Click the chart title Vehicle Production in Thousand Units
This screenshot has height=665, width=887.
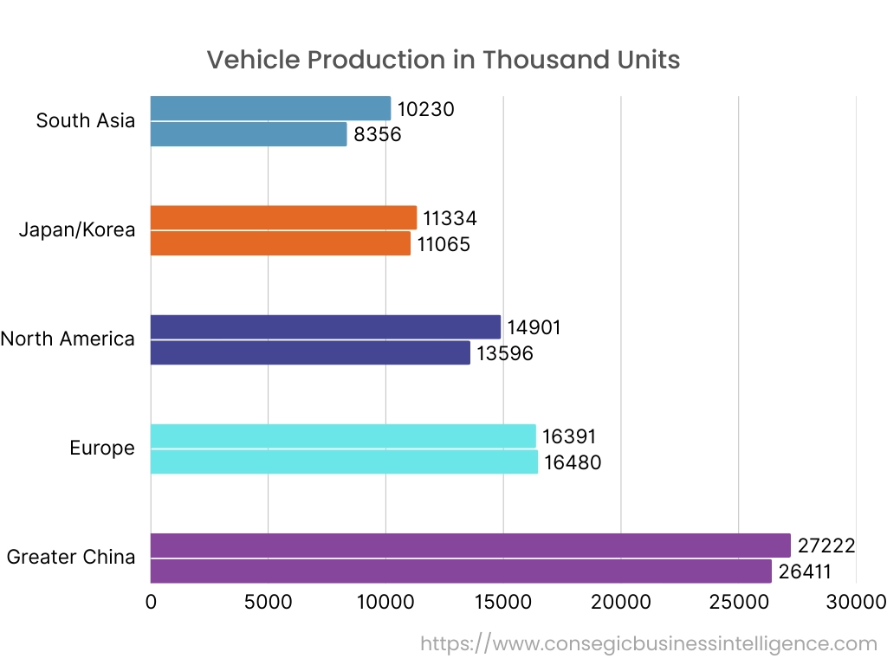click(443, 60)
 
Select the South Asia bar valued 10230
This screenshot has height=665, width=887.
click(270, 108)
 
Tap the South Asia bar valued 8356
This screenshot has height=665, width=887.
click(249, 134)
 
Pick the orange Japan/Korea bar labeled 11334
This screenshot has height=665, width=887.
click(283, 217)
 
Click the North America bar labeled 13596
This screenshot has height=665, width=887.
click(310, 352)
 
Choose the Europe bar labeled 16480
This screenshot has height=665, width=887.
click(344, 462)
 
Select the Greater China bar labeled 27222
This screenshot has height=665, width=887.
click(470, 546)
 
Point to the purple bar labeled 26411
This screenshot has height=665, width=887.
click(461, 571)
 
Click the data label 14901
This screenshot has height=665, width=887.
click(534, 327)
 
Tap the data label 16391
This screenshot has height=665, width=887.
click(569, 436)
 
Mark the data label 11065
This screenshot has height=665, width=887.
click(443, 244)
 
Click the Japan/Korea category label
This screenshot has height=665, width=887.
click(77, 229)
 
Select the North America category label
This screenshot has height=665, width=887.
click(68, 339)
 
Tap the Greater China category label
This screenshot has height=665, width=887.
click(71, 557)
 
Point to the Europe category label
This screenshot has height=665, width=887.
click(102, 448)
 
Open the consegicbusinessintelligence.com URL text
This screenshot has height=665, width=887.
click(649, 643)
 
